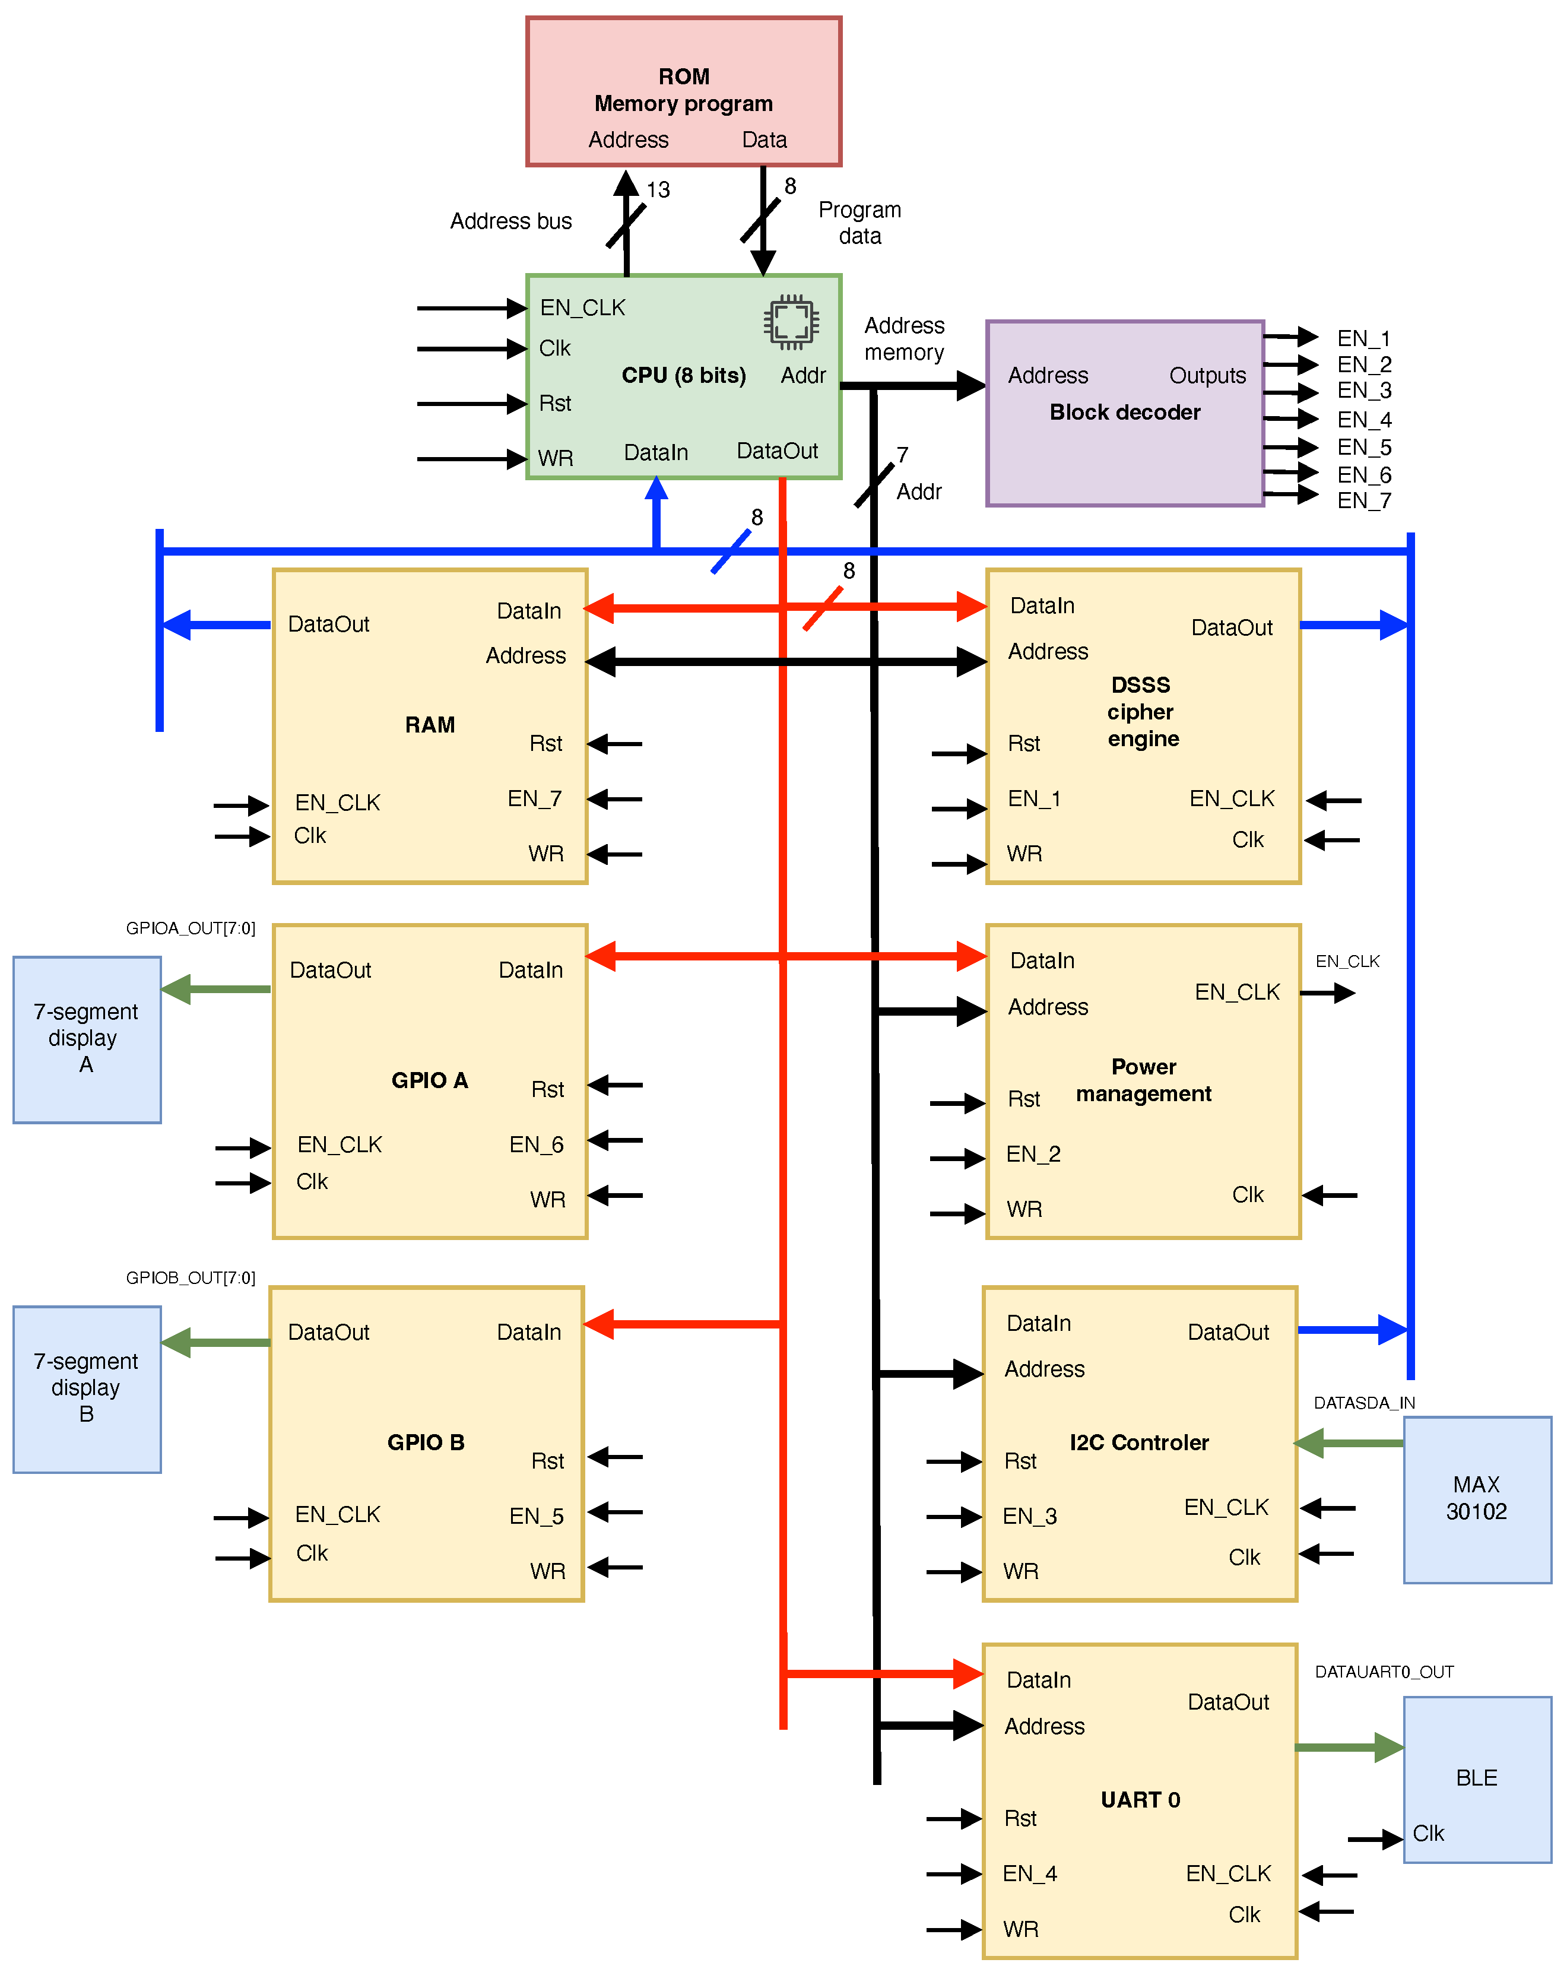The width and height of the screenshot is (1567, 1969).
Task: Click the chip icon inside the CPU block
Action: (791, 322)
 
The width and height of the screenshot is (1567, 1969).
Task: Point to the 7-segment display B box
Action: (87, 1388)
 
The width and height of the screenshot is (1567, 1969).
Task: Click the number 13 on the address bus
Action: (658, 190)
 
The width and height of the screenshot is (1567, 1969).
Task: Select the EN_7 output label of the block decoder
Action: (1363, 500)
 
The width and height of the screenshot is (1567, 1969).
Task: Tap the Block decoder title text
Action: (1124, 412)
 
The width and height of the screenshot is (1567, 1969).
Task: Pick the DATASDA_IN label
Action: (1363, 1403)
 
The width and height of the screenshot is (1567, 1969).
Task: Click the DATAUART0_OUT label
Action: (1384, 1671)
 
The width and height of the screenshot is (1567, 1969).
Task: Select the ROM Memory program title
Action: (683, 90)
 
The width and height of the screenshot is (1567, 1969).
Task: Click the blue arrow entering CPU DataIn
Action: (656, 512)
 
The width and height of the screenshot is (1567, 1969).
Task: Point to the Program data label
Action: (859, 223)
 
